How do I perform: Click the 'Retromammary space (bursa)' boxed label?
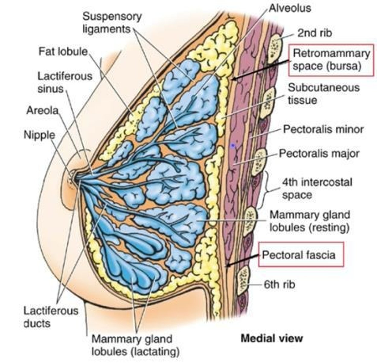pyautogui.click(x=331, y=60)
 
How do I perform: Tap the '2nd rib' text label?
pyautogui.click(x=314, y=33)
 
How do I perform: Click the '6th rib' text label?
pyautogui.click(x=279, y=284)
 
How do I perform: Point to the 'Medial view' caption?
pyautogui.click(x=271, y=338)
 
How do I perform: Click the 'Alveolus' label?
pyautogui.click(x=289, y=8)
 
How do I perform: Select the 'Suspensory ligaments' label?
pyautogui.click(x=112, y=23)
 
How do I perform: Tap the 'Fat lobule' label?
pyautogui.click(x=63, y=51)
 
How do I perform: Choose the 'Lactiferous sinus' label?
pyautogui.click(x=65, y=82)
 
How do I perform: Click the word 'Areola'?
pyautogui.click(x=42, y=110)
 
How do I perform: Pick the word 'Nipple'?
pyautogui.click(x=39, y=135)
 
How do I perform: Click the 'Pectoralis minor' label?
pyautogui.click(x=323, y=129)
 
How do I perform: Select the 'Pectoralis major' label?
pyautogui.click(x=319, y=153)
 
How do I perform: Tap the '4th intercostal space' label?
pyautogui.click(x=317, y=188)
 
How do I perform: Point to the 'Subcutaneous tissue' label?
pyautogui.click(x=324, y=93)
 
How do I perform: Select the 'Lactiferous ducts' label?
pyautogui.click(x=51, y=317)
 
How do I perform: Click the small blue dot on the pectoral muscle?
pyautogui.click(x=232, y=146)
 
